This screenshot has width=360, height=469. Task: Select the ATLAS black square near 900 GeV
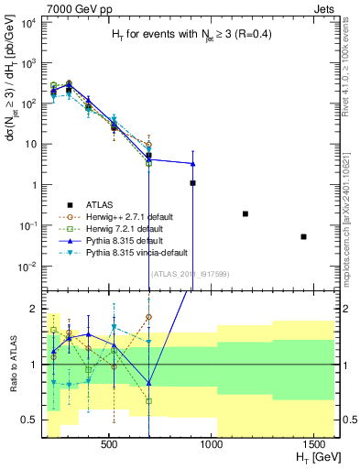[192, 183]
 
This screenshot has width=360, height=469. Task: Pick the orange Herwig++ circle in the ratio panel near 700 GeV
[148, 317]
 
